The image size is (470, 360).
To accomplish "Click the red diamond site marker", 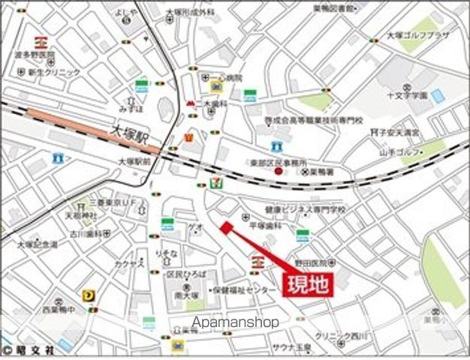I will click(225, 227).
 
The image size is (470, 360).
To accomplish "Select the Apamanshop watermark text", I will click(235, 322).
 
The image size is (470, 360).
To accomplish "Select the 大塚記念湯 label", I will click(39, 245).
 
